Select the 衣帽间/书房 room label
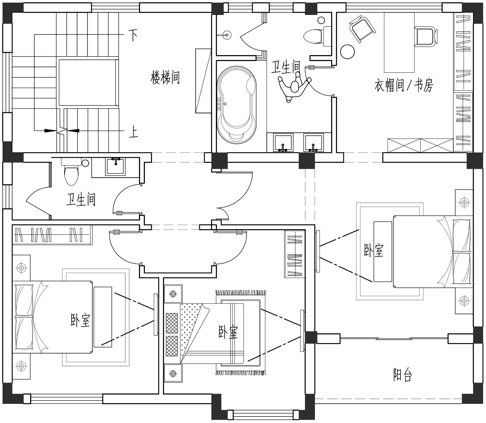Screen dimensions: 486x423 click(404, 85)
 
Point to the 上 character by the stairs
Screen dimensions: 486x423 click(133, 132)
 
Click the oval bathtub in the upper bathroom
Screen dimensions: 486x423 click(237, 105)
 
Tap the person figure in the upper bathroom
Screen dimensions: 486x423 click(295, 86)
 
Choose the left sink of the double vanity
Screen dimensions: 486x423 click(283, 143)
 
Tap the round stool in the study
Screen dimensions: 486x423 click(347, 51)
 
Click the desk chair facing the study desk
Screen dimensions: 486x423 click(426, 36)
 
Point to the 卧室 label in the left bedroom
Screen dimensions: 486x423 click(80, 320)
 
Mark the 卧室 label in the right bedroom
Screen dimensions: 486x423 click(374, 250)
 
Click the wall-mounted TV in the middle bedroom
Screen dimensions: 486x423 click(302, 331)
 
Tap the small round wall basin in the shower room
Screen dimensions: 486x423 click(226, 35)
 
